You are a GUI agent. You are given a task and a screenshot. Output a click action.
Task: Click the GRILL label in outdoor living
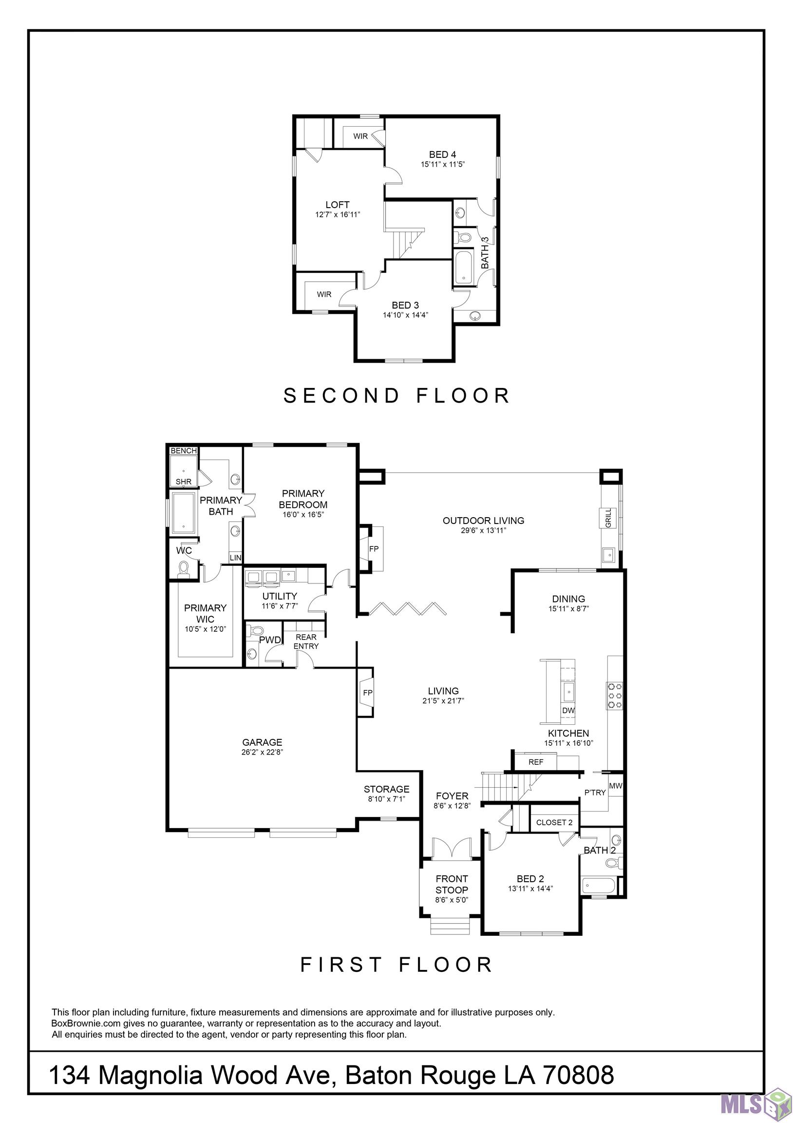(608, 518)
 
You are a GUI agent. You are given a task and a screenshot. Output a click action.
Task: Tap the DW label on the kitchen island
(568, 710)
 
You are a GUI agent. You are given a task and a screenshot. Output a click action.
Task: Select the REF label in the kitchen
(536, 762)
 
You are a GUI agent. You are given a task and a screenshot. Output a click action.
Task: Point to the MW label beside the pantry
(616, 786)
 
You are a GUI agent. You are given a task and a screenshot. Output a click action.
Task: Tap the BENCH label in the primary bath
(184, 450)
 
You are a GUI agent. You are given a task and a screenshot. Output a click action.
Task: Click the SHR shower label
(184, 482)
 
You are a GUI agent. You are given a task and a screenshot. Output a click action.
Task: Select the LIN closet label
(236, 558)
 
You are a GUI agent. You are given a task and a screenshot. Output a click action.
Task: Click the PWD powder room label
(270, 640)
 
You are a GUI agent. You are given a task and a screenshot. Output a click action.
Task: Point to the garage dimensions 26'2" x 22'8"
(262, 752)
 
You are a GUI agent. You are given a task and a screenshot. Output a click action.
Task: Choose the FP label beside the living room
(368, 693)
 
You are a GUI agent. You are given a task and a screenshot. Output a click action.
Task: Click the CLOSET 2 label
(554, 822)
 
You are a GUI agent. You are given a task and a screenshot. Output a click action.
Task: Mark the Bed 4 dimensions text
(442, 164)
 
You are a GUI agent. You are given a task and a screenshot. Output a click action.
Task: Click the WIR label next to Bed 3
(324, 294)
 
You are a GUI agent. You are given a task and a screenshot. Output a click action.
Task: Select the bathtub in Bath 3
(464, 267)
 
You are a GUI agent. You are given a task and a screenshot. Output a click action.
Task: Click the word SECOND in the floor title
(342, 396)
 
